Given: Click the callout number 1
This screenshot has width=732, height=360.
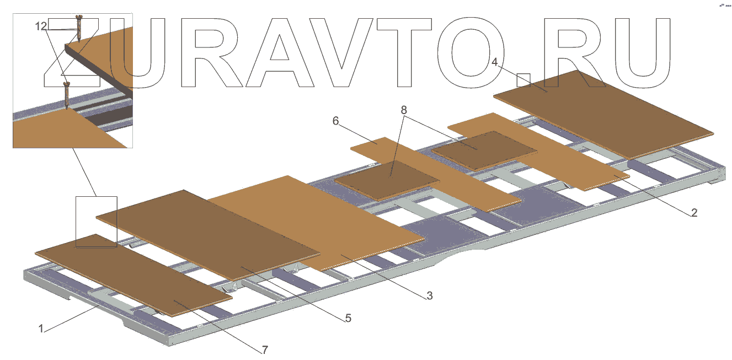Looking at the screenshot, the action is (x=41, y=329).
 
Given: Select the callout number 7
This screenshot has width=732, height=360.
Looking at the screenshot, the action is (x=265, y=350).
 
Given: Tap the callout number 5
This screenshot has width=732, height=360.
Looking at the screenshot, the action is (x=348, y=318).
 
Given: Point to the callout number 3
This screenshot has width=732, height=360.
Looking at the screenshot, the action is (x=429, y=296).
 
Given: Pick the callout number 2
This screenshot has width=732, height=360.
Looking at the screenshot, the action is (x=694, y=212).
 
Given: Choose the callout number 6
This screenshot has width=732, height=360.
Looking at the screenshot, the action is (x=335, y=121).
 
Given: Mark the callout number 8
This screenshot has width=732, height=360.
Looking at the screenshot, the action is (x=404, y=110).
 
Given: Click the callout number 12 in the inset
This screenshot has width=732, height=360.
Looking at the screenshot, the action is (x=41, y=26).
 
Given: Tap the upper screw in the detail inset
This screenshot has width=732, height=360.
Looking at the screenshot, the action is (x=79, y=28).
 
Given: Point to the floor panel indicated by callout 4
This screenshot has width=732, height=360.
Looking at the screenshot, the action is (x=601, y=113).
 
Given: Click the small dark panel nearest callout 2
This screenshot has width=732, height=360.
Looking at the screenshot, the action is (x=484, y=149).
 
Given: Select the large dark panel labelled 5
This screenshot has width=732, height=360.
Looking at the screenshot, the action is (x=210, y=232).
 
